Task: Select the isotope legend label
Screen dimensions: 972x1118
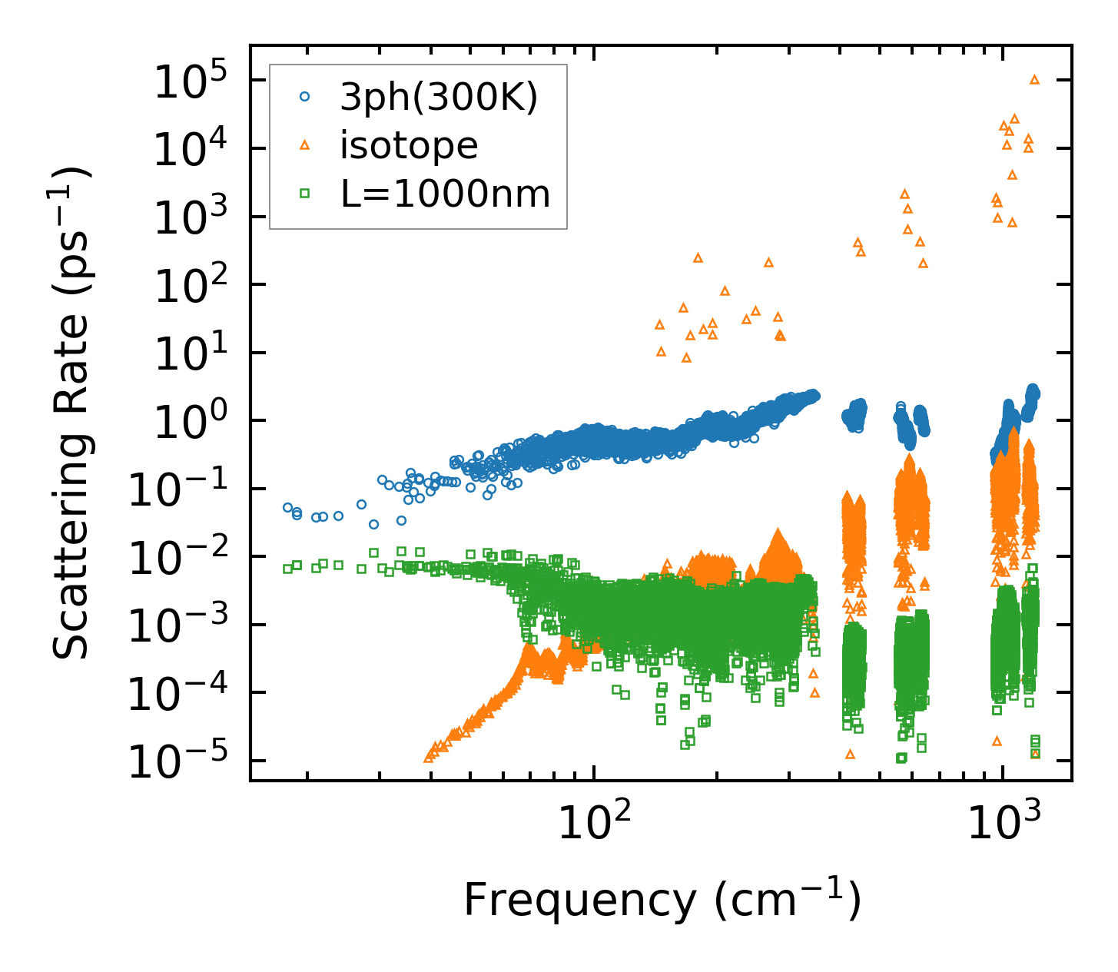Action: click(409, 145)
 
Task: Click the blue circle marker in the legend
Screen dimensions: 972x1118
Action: click(305, 97)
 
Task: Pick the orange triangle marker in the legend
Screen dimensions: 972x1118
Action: click(305, 145)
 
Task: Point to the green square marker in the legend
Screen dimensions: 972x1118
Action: click(305, 194)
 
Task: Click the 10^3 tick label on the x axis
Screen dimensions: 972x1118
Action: click(1003, 824)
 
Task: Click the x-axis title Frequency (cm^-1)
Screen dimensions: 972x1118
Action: click(662, 900)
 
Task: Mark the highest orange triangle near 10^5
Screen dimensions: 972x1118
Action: click(1034, 79)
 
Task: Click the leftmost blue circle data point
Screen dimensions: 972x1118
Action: click(288, 507)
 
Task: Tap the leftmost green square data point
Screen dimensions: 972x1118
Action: click(287, 569)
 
